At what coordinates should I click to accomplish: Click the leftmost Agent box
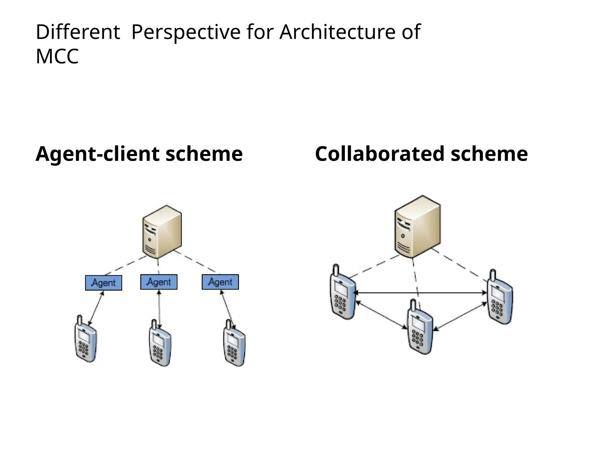103,283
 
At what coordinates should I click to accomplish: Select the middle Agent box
159,282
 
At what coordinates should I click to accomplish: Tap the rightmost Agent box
220,282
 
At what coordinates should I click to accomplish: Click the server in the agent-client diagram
162,232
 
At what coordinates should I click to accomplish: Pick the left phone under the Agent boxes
85,340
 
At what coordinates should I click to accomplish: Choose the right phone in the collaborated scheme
500,298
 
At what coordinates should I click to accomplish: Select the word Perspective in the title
186,32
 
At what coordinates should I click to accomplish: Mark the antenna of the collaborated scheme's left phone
336,270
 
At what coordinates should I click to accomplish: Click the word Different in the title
77,32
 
